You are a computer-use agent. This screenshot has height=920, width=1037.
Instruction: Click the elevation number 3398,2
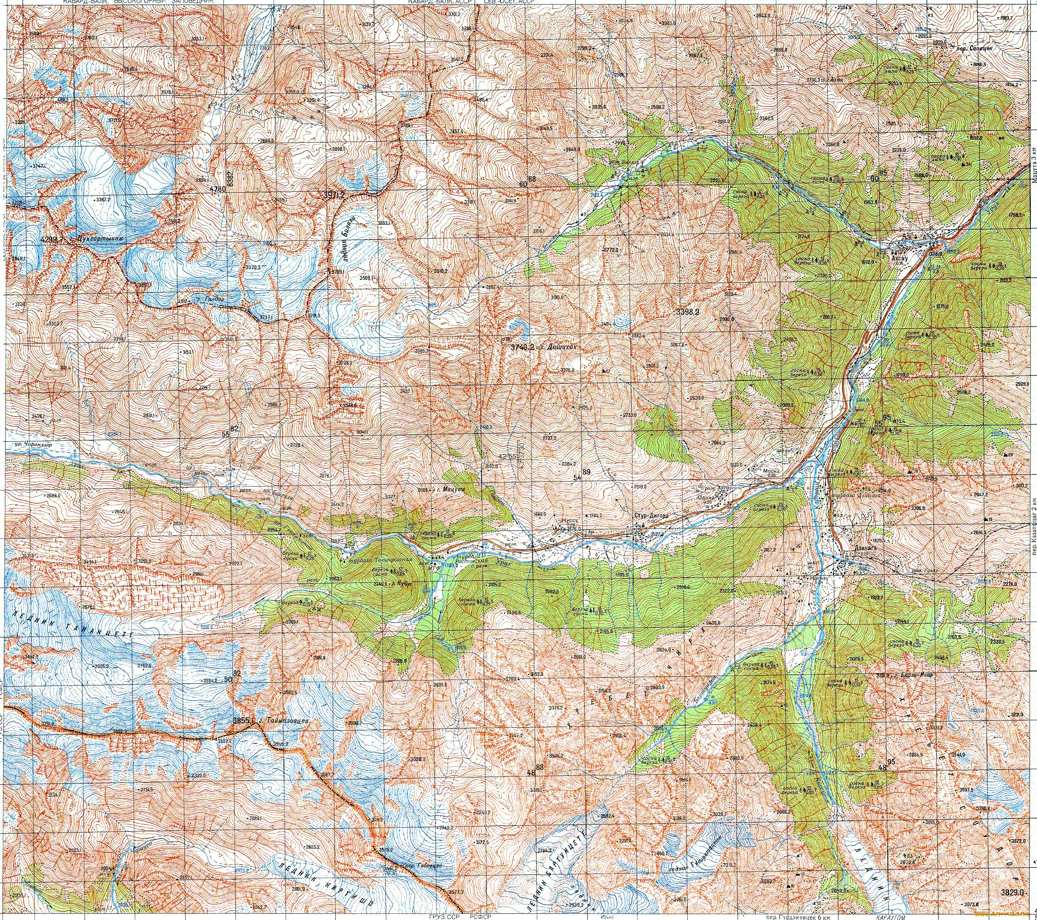tap(688, 312)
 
